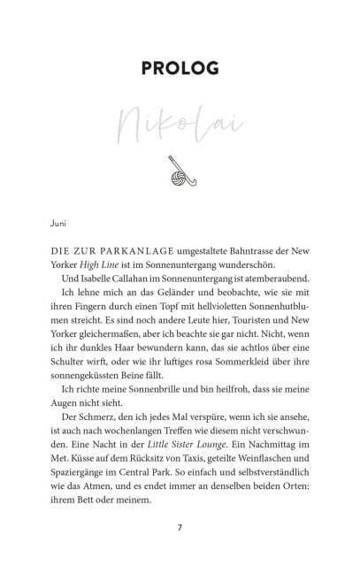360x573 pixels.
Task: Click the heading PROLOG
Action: [180, 68]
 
